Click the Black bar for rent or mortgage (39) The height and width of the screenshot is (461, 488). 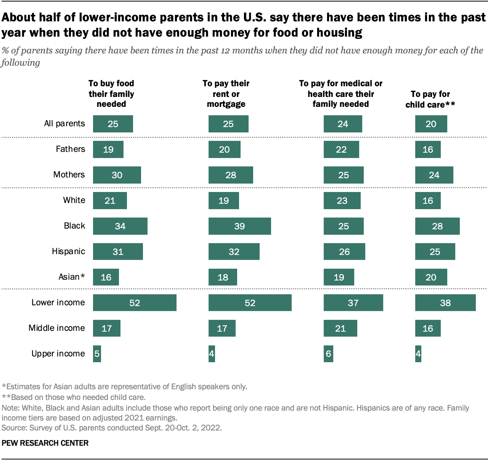[239, 226]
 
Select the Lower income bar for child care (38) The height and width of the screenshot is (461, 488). [445, 303]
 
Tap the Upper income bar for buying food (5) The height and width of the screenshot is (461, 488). [97, 354]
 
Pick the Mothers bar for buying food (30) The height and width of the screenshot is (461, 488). [117, 175]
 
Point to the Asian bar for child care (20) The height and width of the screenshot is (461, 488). [431, 277]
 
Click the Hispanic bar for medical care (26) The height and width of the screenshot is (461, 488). [344, 251]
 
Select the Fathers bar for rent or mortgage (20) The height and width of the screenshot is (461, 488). [224, 149]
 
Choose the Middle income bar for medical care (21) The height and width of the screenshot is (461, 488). [340, 328]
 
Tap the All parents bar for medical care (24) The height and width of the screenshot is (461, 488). [343, 124]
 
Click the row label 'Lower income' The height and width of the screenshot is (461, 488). [58, 303]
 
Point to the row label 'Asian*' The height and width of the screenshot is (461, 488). [71, 277]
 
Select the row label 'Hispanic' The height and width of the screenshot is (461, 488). [68, 251]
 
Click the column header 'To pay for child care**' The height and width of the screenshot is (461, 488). [430, 99]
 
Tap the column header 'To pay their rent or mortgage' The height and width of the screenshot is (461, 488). [226, 94]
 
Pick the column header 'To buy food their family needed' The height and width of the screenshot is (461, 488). [111, 94]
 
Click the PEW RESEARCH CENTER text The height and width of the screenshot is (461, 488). [45, 443]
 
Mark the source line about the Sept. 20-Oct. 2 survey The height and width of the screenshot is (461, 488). [111, 428]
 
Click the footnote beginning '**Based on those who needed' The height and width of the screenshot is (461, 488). [74, 397]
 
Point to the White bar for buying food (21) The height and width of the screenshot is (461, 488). [110, 200]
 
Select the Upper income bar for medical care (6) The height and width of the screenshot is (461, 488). [328, 354]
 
